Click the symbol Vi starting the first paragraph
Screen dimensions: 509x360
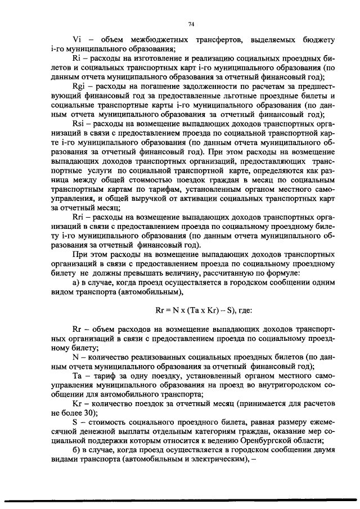click(78, 39)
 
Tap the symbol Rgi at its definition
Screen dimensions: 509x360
click(79, 88)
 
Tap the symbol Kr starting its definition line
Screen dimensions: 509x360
click(78, 403)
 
